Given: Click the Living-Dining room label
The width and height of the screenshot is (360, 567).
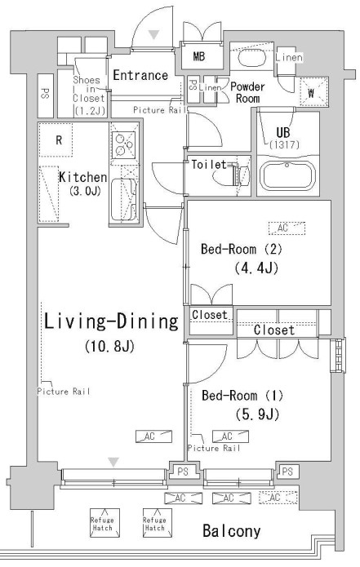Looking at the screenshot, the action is coord(112,321).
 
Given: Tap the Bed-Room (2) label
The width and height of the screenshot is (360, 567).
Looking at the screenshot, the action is coord(242,249).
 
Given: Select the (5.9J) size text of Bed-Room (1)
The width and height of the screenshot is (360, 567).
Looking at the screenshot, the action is coord(257,414).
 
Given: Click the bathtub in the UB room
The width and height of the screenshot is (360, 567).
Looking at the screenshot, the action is coord(287,176).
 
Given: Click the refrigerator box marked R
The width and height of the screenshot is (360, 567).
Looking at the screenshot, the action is coord(56,140).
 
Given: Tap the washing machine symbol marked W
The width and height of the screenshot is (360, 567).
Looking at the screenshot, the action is coord(313,92).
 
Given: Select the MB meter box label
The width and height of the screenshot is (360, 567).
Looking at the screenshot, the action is coord(198,56).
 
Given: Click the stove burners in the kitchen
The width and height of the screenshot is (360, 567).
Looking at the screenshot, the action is coord(123,145).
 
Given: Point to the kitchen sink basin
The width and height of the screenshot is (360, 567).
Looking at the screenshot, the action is coord(123,199).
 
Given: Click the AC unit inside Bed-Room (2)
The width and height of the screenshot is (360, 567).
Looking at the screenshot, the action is coord(287,228).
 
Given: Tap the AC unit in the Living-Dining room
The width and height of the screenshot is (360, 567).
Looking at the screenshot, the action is coord(153,436).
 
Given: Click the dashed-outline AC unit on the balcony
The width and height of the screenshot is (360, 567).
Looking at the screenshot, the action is coord(278,498).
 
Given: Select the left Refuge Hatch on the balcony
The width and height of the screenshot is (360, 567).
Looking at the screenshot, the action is coord(104,522).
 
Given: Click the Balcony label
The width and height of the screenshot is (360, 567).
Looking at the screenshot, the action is coord(232,531).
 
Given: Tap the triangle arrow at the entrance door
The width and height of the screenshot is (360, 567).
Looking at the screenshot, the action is coord(154,35).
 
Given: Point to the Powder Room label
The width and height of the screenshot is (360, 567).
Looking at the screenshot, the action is coord(247,92).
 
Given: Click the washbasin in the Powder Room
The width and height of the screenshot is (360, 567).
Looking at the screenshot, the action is coord(251,58).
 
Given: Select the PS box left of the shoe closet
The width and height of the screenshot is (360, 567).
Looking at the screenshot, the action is coord(46,95).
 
